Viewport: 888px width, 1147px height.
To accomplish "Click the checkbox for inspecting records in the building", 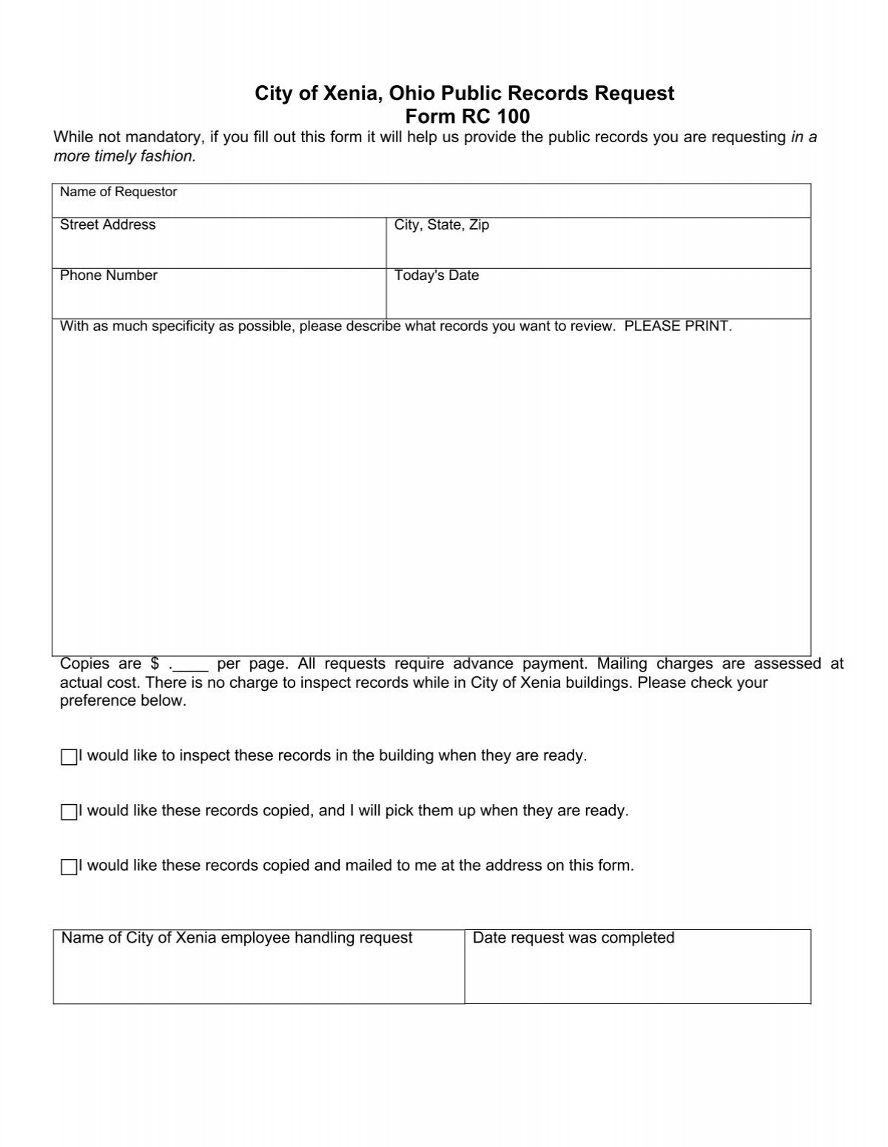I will (x=69, y=758).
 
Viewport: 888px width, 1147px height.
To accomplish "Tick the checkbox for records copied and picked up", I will (x=69, y=812).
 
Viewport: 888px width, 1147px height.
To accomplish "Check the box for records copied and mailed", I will (x=69, y=867).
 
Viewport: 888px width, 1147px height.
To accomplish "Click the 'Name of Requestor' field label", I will (x=118, y=193).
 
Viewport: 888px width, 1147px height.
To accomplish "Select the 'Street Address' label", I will (x=107, y=225).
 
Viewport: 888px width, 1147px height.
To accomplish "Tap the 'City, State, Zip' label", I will (x=442, y=225).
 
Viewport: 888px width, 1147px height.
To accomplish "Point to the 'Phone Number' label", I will (x=108, y=275).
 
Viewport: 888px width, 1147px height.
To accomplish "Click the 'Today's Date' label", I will (x=437, y=275).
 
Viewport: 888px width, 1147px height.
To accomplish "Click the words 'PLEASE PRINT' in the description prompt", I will (x=678, y=327).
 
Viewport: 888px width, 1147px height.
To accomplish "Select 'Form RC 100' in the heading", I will (x=467, y=117).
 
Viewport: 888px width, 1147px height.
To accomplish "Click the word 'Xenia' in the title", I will (x=346, y=93).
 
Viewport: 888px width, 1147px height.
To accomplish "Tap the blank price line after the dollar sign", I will (x=192, y=664).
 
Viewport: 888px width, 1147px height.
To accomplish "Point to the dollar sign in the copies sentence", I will (x=155, y=663).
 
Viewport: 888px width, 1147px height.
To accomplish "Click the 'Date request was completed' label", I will (x=573, y=938).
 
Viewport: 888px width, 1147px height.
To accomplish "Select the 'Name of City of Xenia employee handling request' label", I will (x=237, y=938).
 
